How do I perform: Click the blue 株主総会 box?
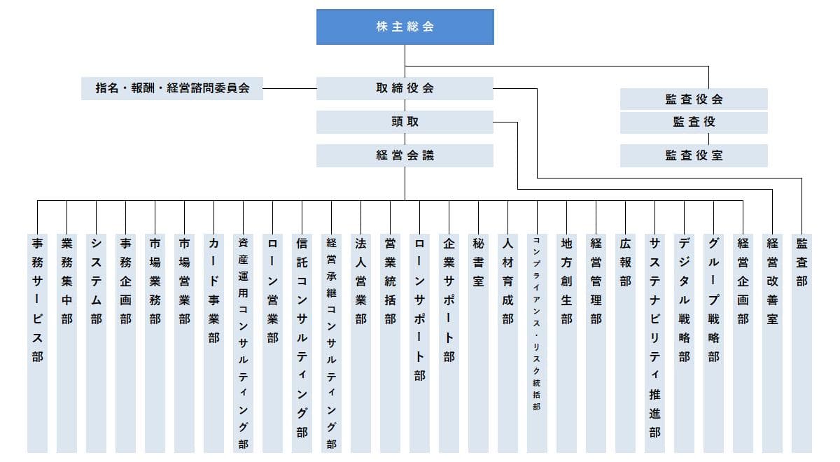tap(405, 27)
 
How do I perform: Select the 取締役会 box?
tap(405, 88)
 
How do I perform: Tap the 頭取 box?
tap(405, 122)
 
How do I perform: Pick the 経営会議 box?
tap(405, 155)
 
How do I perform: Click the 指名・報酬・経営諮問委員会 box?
tap(172, 89)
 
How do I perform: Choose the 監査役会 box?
tap(694, 99)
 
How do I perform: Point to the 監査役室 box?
tap(694, 155)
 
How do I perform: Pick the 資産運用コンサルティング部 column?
tap(243, 343)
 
